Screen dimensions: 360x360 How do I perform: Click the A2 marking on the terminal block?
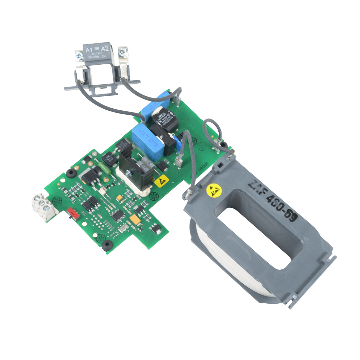coord(104,49)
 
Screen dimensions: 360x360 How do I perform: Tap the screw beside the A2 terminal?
coord(123,52)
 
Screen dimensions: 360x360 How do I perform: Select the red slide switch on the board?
coord(72,213)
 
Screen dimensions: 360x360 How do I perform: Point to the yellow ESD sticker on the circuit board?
coord(161,181)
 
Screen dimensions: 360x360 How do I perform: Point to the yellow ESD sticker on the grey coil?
coord(214,190)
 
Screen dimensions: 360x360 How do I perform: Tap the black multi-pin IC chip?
coord(117,215)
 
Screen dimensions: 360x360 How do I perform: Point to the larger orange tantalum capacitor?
coord(135,219)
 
